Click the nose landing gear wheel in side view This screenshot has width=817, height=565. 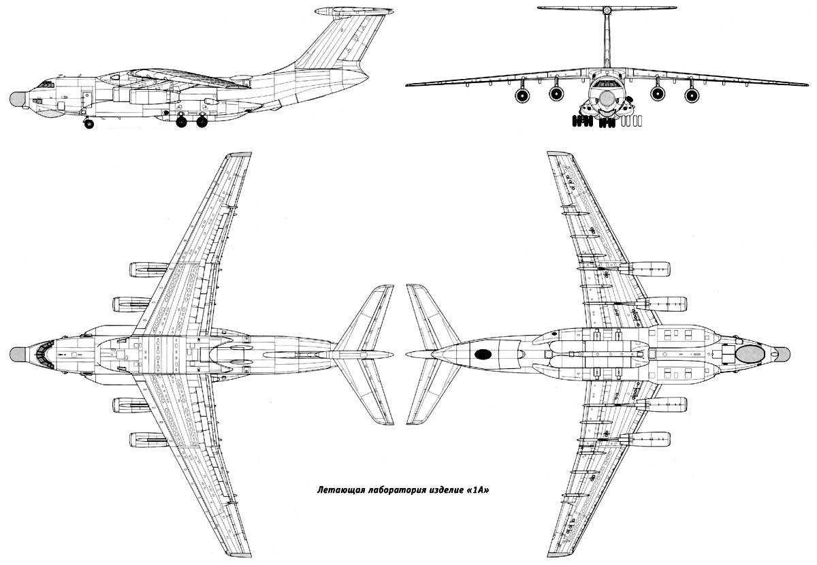pyautogui.click(x=89, y=124)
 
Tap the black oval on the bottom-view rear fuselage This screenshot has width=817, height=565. pyautogui.click(x=483, y=353)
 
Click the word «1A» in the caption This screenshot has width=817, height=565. pyautogui.click(x=477, y=489)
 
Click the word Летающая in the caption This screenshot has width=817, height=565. pyautogui.click(x=339, y=489)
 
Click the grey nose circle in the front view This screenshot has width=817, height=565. pyautogui.click(x=606, y=99)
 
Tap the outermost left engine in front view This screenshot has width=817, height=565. pyautogui.click(x=522, y=95)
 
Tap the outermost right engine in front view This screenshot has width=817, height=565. pyautogui.click(x=691, y=95)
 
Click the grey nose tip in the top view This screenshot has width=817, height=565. pyautogui.click(x=18, y=353)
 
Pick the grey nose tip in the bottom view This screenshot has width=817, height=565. pyautogui.click(x=782, y=353)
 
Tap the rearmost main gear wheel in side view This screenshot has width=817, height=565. pyautogui.click(x=202, y=123)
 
